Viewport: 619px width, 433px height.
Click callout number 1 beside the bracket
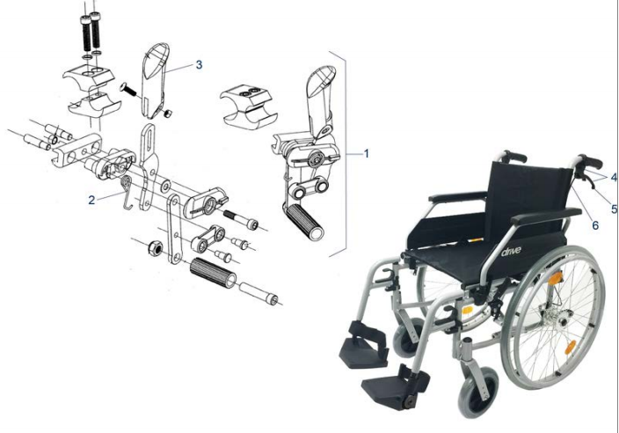(367, 153)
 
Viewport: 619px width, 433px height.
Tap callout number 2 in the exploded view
(91, 201)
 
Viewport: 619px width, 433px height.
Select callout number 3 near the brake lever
(199, 65)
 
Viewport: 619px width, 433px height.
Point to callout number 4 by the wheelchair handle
(614, 177)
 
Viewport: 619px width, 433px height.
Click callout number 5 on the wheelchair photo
(614, 209)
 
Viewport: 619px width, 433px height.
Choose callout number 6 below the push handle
(595, 225)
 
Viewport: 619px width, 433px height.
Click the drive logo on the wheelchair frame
(511, 251)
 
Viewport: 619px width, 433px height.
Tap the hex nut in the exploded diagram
(155, 248)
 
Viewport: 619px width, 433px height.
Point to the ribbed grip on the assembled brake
(304, 221)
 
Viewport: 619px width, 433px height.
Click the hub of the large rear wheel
(559, 317)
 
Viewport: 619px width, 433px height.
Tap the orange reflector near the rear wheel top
(556, 278)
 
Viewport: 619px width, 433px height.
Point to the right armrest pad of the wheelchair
(545, 216)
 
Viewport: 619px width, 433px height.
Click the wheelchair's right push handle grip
(591, 161)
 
